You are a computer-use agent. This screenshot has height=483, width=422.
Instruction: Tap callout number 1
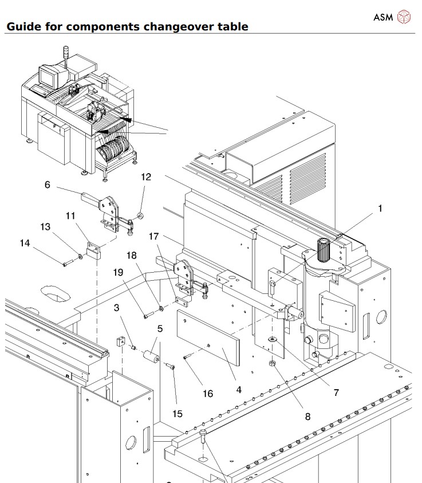(x=378, y=209)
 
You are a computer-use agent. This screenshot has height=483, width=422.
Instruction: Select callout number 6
(x=48, y=184)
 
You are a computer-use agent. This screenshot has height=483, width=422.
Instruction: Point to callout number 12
(x=146, y=177)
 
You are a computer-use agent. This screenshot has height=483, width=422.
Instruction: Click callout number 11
(x=70, y=215)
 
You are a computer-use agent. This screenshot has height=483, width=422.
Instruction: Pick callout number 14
(x=25, y=243)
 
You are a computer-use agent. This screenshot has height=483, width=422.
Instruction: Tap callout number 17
(x=153, y=235)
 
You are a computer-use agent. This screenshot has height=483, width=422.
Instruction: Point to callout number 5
(x=160, y=329)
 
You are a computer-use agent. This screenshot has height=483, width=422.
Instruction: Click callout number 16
(x=207, y=394)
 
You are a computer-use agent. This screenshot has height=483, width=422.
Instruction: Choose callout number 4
(x=238, y=390)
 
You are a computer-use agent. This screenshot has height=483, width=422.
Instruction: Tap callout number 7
(x=336, y=392)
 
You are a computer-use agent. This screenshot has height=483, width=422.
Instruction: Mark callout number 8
(x=307, y=417)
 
